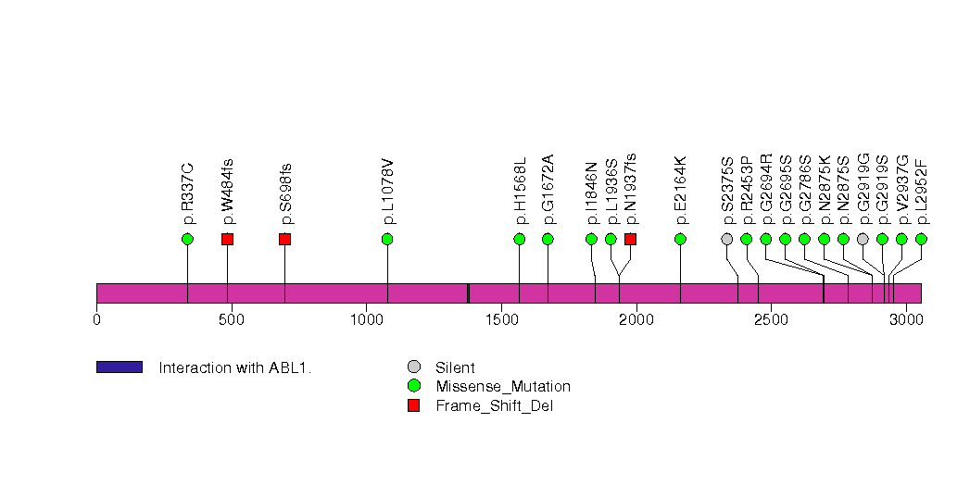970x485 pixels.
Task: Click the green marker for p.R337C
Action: point(187,239)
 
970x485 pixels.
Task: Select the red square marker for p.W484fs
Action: point(227,239)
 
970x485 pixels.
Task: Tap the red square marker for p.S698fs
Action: point(284,239)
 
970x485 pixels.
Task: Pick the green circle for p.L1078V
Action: point(387,239)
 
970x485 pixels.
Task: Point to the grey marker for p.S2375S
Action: point(727,239)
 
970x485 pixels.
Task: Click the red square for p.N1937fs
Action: point(631,239)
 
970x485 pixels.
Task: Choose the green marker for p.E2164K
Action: point(680,239)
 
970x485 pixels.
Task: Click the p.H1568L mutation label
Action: point(520,191)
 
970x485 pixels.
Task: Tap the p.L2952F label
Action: point(921,192)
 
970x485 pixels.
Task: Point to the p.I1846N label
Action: point(592,193)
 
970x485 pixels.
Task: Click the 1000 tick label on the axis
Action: point(366,319)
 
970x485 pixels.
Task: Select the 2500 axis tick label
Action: point(770,319)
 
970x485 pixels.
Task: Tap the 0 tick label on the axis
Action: point(96,319)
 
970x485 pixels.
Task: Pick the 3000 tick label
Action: point(905,319)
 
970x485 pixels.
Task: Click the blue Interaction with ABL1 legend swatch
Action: point(120,367)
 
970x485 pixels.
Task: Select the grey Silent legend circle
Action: point(414,367)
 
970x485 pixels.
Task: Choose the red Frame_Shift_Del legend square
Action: point(414,404)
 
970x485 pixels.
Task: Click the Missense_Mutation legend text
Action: point(503,386)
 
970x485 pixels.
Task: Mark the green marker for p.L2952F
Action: point(921,239)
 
